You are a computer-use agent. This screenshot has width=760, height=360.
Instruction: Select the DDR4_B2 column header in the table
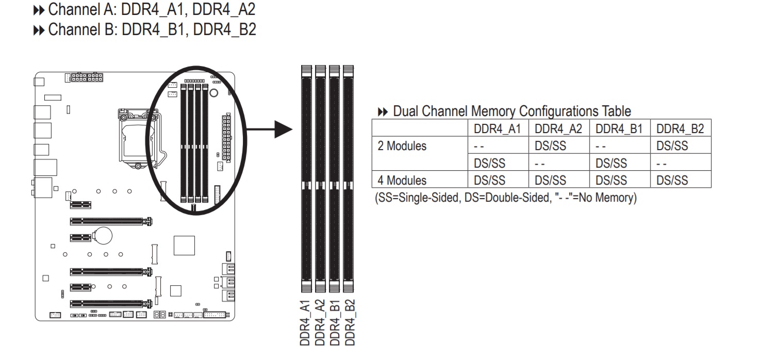tap(680, 129)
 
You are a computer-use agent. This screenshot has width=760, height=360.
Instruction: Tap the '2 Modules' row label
tap(402, 146)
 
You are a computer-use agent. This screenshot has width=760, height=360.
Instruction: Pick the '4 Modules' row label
tap(402, 181)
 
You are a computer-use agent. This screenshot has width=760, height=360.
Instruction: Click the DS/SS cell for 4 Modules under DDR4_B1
tap(611, 181)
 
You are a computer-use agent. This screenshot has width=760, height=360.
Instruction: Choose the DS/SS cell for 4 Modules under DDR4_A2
tap(550, 181)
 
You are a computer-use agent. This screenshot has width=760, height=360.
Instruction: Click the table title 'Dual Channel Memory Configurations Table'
tap(511, 111)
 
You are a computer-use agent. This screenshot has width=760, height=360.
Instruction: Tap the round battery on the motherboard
tap(105, 236)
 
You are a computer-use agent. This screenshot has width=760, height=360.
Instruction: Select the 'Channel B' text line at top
tap(152, 29)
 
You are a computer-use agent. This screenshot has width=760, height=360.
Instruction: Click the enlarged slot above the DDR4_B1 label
tap(335, 181)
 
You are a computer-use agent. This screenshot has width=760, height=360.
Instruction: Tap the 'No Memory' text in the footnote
tap(607, 198)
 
